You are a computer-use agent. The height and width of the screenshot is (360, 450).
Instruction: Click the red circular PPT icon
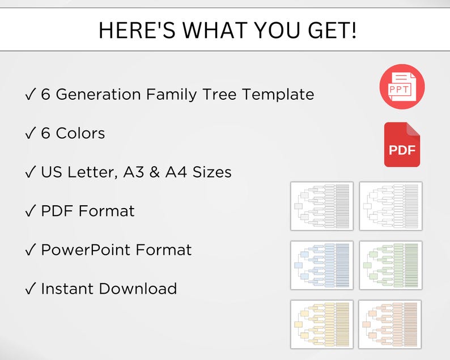pyautogui.click(x=402, y=86)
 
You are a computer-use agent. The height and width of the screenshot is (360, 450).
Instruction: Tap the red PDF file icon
pyautogui.click(x=402, y=145)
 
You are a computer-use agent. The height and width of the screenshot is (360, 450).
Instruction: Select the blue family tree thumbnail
pyautogui.click(x=322, y=265)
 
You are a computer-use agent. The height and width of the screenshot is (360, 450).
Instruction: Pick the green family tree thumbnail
pyautogui.click(x=390, y=265)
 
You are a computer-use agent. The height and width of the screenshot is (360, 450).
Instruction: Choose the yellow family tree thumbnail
pyautogui.click(x=322, y=324)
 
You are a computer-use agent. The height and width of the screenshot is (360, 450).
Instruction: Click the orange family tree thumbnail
pyautogui.click(x=390, y=324)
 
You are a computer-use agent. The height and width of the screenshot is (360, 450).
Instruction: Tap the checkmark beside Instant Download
pyautogui.click(x=31, y=289)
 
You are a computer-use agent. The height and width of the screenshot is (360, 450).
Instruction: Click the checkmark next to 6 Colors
pyautogui.click(x=31, y=134)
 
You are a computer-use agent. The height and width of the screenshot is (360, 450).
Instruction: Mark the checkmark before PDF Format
pyautogui.click(x=31, y=211)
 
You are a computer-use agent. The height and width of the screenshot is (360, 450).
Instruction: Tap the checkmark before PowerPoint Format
pyautogui.click(x=31, y=250)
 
